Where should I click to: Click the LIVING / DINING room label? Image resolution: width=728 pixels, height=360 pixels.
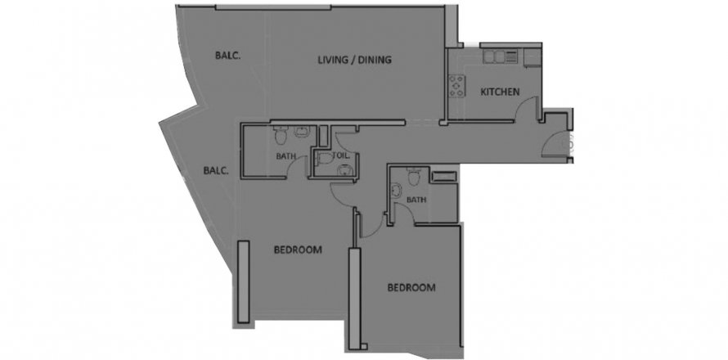click(354, 60)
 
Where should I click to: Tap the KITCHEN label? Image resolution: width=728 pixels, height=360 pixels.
click(500, 92)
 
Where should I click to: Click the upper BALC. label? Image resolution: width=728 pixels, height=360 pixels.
click(228, 56)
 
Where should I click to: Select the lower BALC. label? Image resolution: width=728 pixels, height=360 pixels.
click(216, 170)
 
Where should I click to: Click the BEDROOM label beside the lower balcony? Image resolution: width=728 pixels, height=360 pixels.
click(298, 250)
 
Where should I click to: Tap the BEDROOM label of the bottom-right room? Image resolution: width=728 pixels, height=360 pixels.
click(411, 287)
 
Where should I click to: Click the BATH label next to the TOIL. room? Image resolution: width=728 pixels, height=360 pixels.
click(286, 156)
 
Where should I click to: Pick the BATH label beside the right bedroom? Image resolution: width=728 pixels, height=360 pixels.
click(416, 200)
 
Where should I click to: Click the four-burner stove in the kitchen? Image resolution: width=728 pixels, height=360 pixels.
click(457, 87)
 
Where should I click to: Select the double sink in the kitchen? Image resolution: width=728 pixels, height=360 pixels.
click(494, 56)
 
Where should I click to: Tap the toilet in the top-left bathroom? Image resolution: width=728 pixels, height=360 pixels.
click(281, 136)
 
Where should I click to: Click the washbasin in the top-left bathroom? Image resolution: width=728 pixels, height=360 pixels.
click(301, 132)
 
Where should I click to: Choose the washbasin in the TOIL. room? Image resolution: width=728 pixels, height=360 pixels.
click(344, 169)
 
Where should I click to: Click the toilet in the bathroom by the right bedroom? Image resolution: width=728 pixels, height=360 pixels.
click(413, 177)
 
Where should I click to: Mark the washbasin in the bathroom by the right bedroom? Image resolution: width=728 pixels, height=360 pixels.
click(397, 191)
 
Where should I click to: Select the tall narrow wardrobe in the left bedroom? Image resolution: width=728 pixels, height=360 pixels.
click(243, 281)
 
